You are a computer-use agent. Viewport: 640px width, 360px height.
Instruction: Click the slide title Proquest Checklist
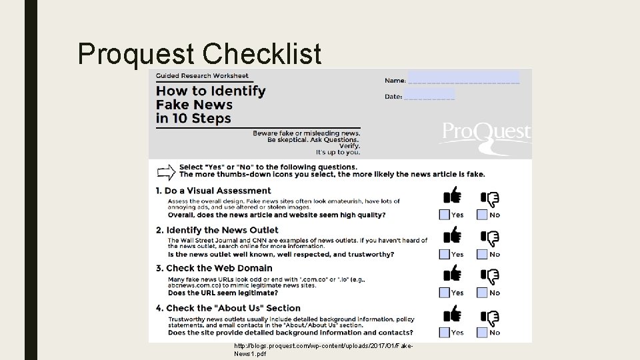(199, 53)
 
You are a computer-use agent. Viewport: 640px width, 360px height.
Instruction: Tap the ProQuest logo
(485, 132)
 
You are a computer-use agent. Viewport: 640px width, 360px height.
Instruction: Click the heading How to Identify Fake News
(210, 105)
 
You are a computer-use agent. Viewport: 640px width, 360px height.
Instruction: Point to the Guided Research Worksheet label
(202, 75)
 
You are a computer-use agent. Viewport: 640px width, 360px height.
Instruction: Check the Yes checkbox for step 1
(445, 215)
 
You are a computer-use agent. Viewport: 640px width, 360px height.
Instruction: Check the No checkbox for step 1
(481, 215)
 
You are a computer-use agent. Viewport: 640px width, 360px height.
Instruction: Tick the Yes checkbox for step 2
(445, 254)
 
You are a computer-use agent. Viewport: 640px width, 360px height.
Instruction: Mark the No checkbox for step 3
(481, 293)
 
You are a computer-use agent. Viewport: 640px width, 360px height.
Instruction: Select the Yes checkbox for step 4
(445, 332)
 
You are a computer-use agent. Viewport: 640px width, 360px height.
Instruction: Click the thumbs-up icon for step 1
(453, 195)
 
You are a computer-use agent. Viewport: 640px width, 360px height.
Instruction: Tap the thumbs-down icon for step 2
(491, 237)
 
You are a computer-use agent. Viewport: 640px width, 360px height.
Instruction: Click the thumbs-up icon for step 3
(453, 274)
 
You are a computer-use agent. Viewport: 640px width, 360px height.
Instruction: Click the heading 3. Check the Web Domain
(219, 268)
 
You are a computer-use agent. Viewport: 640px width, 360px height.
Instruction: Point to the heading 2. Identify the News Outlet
(222, 230)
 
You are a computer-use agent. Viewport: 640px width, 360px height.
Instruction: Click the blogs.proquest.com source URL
(324, 349)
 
